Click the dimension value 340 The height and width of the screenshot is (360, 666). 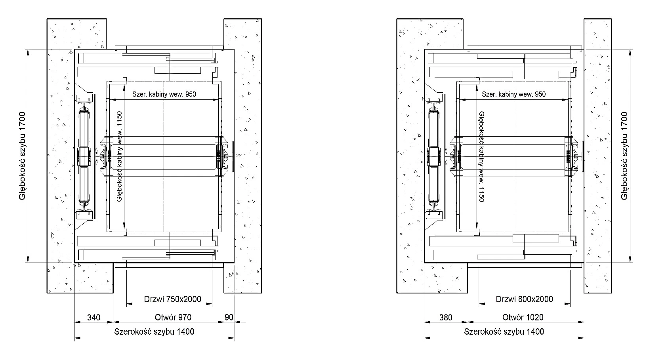click(94, 318)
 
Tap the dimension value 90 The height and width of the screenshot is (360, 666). click(229, 317)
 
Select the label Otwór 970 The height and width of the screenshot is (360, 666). click(173, 317)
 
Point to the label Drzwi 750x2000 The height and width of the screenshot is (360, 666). click(172, 299)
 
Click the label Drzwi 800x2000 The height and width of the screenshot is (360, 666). click(524, 299)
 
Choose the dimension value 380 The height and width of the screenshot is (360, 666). click(446, 318)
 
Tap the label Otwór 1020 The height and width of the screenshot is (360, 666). click(523, 317)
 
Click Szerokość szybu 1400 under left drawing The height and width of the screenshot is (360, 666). click(154, 331)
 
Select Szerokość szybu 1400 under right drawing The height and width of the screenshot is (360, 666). click(504, 331)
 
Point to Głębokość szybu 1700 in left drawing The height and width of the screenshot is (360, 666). click(22, 156)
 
